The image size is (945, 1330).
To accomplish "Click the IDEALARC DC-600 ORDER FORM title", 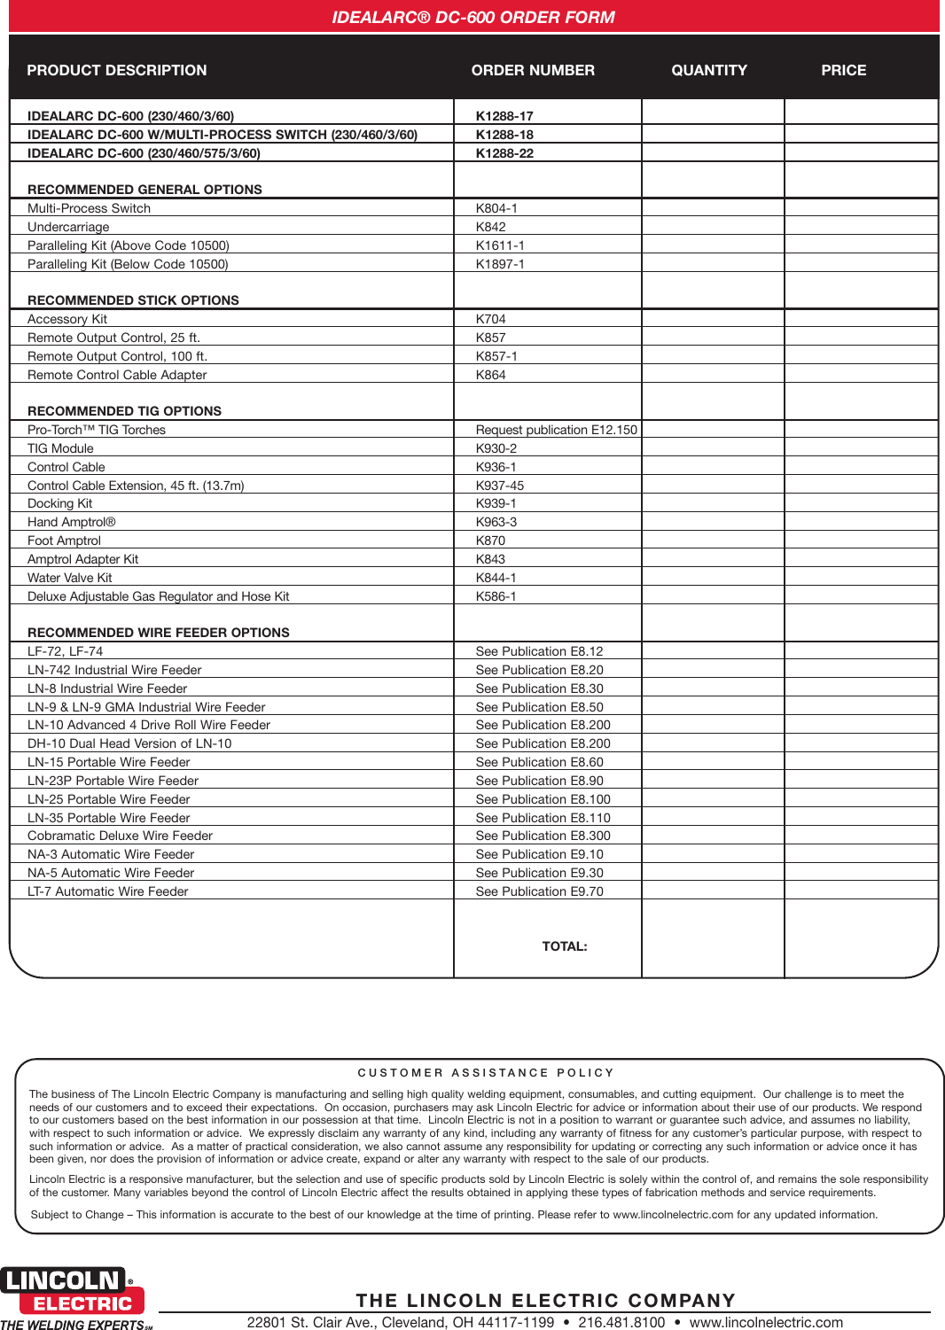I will pos(472,17).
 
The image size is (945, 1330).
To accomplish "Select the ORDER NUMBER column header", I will pos(533,70).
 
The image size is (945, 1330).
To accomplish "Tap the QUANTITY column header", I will pos(708,70).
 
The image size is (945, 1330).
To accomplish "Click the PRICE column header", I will pos(843,70).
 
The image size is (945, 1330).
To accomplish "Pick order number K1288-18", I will pos(504,135).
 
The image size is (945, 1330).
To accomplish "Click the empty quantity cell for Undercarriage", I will pos(713,227).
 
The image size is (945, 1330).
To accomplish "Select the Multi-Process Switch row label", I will pos(89,208).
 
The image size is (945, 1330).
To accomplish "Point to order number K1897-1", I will pos(500,264).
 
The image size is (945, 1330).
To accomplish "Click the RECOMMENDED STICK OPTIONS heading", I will pos(133,300).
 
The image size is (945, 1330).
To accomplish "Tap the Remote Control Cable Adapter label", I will pos(117,375).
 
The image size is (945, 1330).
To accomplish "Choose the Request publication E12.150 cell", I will pos(556,430).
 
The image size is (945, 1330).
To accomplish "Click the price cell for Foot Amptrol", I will pos(861,541).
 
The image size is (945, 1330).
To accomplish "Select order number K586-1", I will pos(496,596).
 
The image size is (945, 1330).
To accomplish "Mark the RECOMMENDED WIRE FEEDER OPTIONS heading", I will pos(159,633).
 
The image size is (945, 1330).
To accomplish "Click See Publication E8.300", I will pos(543,836).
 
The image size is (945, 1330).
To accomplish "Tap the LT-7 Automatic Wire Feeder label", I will pos(107,891).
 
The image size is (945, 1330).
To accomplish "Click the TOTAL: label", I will pos(565,946).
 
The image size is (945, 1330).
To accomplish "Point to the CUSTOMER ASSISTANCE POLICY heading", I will pos(486,1073).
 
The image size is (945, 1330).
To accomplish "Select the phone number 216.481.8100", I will pos(621,1322).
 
